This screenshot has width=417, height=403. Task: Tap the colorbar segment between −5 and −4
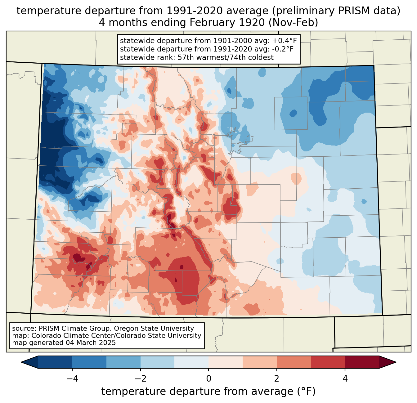tap(55, 362)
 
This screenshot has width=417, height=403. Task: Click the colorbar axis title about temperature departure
tap(208, 392)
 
